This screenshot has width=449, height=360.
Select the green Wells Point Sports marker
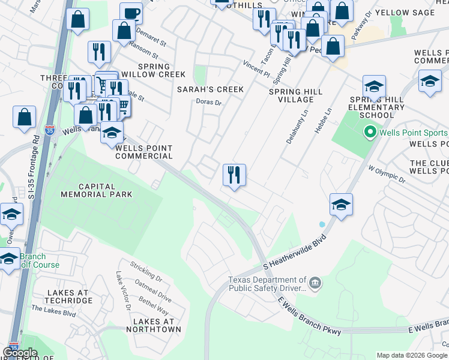(x=370, y=132)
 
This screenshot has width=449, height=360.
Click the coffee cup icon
(x=131, y=13)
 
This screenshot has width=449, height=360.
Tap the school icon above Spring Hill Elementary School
(x=374, y=86)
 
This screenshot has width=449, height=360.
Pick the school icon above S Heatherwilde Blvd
(x=340, y=205)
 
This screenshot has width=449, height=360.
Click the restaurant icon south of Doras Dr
(x=234, y=175)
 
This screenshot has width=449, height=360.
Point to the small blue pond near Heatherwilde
(x=322, y=224)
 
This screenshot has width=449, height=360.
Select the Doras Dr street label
(x=209, y=103)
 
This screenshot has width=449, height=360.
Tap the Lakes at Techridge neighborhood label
(x=68, y=296)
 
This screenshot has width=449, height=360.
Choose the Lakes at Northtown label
(x=154, y=325)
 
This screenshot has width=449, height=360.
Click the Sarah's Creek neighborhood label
(x=210, y=89)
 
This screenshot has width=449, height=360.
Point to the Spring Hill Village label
(x=296, y=95)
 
